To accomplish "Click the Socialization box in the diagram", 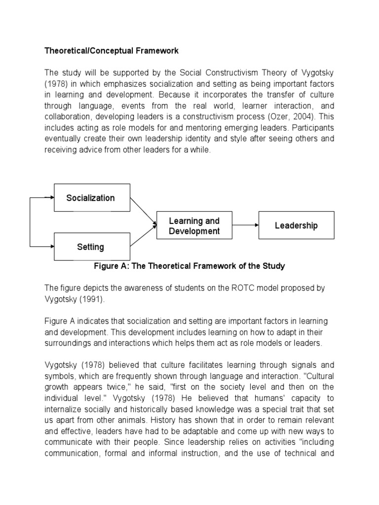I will pyautogui.click(x=92, y=198).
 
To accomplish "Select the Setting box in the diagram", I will pyautogui.click(x=92, y=247).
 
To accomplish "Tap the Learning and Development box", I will pyautogui.click(x=194, y=225).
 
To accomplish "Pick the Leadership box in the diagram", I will pyautogui.click(x=297, y=225).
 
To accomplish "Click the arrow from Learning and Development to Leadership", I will pyautogui.click(x=245, y=225).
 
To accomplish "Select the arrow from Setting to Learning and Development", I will pyautogui.click(x=143, y=237).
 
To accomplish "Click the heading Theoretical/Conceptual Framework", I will pyautogui.click(x=112, y=51).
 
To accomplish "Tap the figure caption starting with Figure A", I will pyautogui.click(x=189, y=266).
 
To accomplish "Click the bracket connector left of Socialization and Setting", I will pyautogui.click(x=31, y=222).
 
